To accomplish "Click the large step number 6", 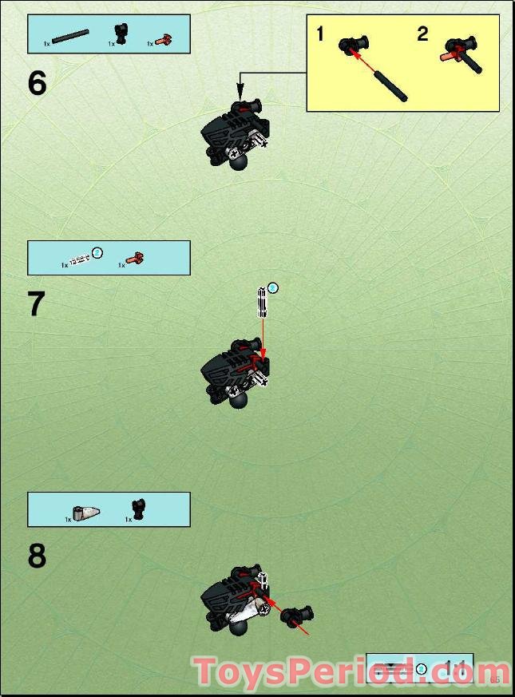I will tap(38, 84).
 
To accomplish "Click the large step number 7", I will tap(37, 305).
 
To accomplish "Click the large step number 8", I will tap(37, 556).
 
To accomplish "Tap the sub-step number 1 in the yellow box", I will tap(320, 34).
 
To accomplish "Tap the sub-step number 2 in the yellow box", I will tap(422, 34).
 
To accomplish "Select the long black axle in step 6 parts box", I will tap(70, 35).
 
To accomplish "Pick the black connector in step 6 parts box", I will tap(121, 34).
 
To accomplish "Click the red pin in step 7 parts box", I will tap(135, 258).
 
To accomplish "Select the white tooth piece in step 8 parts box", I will tap(86, 512).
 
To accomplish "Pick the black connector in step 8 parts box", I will tap(139, 509).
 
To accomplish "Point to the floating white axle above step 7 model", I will tap(261, 303).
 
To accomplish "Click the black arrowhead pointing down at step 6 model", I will tap(239, 94).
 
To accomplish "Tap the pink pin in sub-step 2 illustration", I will tap(451, 56).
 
